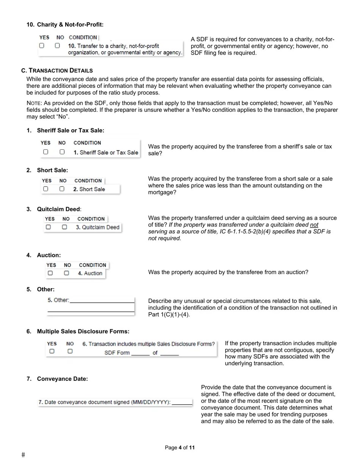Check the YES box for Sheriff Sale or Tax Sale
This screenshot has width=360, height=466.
click(x=45, y=152)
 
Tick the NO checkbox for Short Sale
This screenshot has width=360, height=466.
click(x=62, y=189)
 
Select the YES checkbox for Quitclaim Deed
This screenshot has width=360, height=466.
click(x=48, y=227)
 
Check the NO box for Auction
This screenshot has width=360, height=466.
click(x=67, y=273)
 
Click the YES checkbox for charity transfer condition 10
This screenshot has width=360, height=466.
click(x=42, y=45)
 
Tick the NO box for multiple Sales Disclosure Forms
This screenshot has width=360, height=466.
click(x=70, y=351)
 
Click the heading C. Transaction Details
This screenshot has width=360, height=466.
click(x=57, y=70)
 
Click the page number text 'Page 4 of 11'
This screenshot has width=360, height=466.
click(x=180, y=447)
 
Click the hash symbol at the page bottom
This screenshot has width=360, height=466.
click(x=23, y=455)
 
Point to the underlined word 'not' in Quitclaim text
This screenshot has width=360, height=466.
click(x=314, y=225)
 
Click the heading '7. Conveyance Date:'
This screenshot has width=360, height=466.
click(x=62, y=379)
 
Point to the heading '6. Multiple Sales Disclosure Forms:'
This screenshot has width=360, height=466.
click(x=83, y=332)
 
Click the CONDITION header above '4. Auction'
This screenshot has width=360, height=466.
click(x=92, y=265)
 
